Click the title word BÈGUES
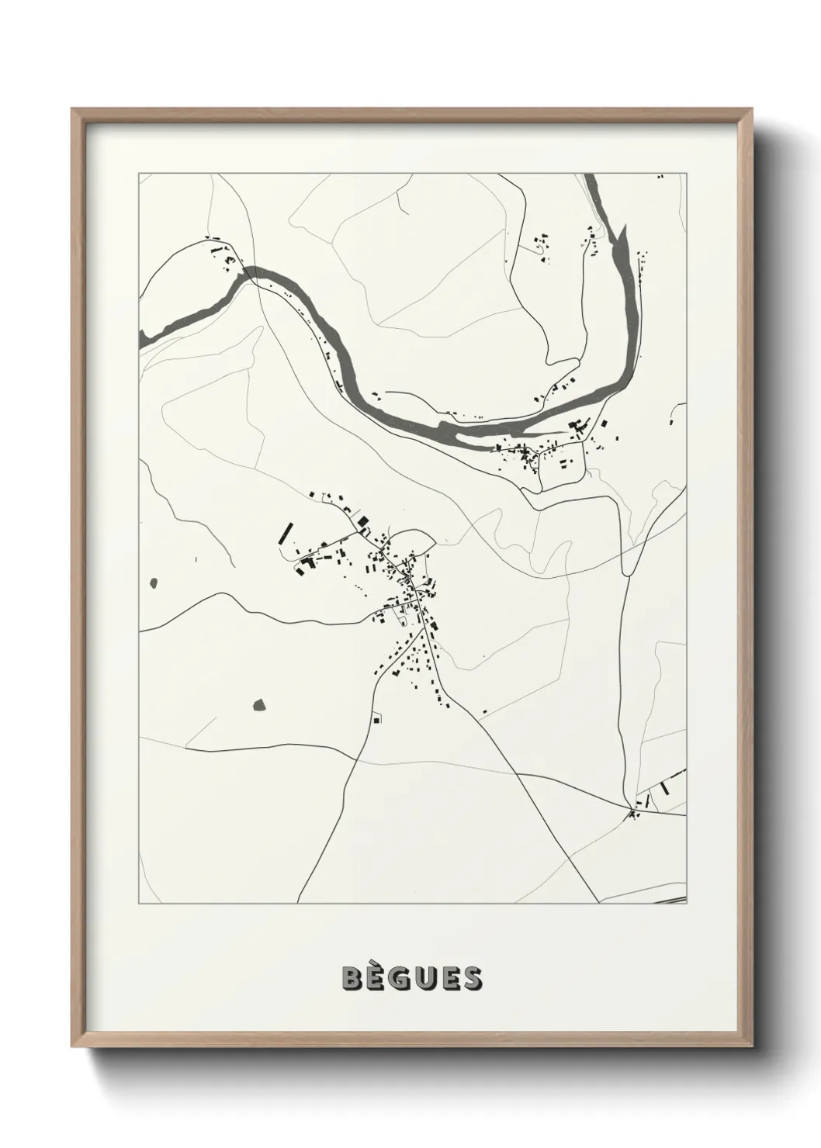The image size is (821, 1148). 411,978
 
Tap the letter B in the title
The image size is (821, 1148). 352,978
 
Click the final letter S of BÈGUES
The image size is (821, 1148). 471,978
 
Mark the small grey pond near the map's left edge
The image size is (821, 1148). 153,581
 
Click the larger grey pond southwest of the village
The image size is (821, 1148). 259,704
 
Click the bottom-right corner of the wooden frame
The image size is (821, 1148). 751,1044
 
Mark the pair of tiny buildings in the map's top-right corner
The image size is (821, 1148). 661,177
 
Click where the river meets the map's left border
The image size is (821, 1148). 142,337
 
